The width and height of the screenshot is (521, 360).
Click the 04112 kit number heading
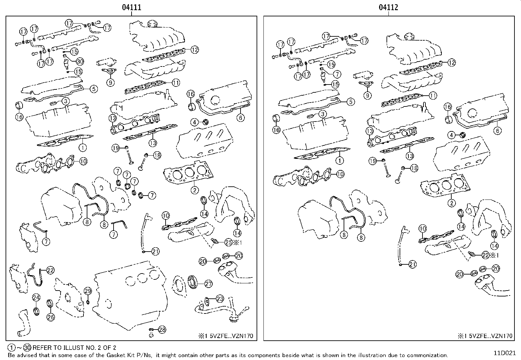coord(388,7)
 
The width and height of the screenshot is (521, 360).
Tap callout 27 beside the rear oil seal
coord(208,284)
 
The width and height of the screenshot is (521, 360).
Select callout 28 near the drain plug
coord(162,330)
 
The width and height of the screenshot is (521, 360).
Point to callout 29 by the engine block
coord(88,291)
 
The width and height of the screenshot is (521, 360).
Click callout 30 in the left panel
coord(80,61)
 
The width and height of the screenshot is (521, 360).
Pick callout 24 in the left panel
coord(36,298)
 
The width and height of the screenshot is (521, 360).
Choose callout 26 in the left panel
coord(51,317)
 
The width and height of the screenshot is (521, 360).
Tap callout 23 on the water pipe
coord(220,299)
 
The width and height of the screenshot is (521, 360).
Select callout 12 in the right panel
coord(451,63)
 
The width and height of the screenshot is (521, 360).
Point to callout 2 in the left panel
coord(194,190)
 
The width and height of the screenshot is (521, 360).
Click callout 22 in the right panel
coord(485,255)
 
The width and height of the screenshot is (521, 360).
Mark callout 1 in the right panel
coord(340,161)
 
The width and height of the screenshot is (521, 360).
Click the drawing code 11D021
coord(505,353)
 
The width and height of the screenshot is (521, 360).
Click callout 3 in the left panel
coord(65,101)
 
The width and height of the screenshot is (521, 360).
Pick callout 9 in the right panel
coord(368,95)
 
